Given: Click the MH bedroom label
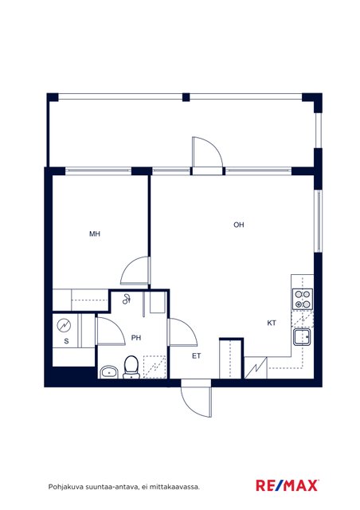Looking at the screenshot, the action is tap(95, 233).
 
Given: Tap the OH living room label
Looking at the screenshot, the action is tap(239, 225).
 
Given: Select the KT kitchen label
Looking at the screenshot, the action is tap(272, 323).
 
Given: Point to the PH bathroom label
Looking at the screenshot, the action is tap(136, 338).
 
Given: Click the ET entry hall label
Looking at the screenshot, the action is tap(196, 356).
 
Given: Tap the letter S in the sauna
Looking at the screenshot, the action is tap(66, 341).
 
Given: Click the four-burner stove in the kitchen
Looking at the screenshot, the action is tap(303, 299).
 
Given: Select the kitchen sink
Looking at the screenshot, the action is tap(302, 337).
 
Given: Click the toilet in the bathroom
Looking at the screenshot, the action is tap(131, 367).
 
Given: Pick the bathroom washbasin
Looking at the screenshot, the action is tap(109, 372).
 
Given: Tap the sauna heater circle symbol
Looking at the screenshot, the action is tap(64, 326).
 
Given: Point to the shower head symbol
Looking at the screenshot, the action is tap(127, 299).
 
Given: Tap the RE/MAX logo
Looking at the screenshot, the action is tap(288, 485).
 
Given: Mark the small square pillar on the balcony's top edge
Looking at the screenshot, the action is tap(186, 97).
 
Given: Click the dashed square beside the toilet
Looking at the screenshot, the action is tap(155, 367).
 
